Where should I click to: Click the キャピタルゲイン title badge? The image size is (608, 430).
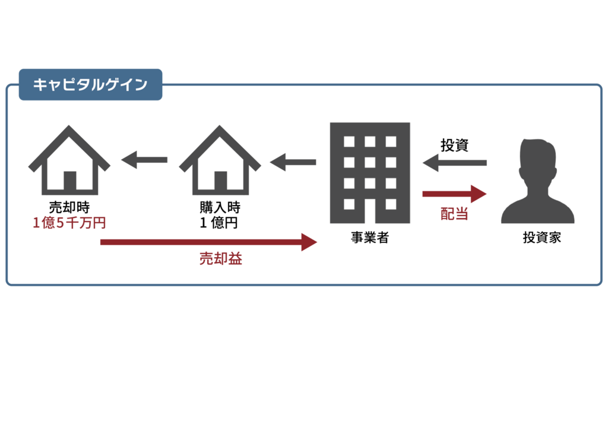click(x=90, y=84)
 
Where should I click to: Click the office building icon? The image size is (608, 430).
click(x=370, y=173)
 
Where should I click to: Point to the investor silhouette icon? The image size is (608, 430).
click(x=538, y=181)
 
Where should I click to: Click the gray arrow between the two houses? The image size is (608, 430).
click(x=144, y=160)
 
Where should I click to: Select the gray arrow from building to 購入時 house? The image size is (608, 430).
click(x=293, y=162)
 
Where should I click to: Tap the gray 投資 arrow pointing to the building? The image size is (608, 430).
click(x=454, y=163)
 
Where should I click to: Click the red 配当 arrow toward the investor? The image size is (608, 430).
click(x=454, y=194)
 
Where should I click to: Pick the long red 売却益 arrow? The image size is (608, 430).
click(x=208, y=242)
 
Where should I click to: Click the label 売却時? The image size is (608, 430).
click(x=69, y=207)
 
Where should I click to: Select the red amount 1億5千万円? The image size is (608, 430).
click(x=69, y=223)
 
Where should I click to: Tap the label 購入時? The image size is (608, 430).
click(x=220, y=207)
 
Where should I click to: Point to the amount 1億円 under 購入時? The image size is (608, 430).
click(x=218, y=223)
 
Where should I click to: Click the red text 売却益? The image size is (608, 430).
click(x=221, y=258)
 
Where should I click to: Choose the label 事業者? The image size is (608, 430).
click(x=370, y=238)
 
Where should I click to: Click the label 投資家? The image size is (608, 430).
click(x=541, y=238)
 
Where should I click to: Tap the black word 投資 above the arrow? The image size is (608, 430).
click(x=454, y=146)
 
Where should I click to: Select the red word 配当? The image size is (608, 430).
click(x=454, y=214)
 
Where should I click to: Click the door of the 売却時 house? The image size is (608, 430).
click(x=70, y=181)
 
